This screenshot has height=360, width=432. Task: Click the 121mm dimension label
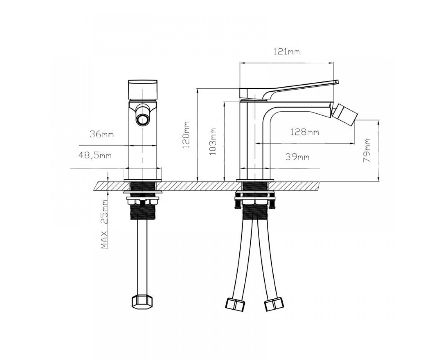(287, 52)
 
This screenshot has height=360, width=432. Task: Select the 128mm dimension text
(305, 132)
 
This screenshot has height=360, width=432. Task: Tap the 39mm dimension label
(297, 157)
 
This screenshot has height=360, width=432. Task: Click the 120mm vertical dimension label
(186, 135)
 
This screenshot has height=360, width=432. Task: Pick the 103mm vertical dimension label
(213, 142)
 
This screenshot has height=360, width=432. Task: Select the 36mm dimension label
(102, 134)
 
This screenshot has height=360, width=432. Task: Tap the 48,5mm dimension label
(95, 155)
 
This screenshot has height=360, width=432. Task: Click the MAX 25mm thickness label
(104, 224)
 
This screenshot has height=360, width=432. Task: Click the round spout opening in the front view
(143, 120)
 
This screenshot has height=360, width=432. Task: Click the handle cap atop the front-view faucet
(143, 89)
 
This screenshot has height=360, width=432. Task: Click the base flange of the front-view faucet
(143, 180)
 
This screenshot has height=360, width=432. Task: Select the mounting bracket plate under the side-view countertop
(255, 199)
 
